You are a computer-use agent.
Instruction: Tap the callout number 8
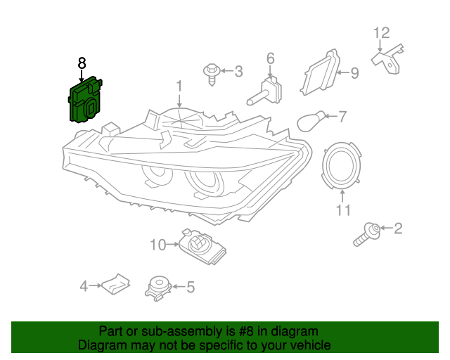coord(82,63)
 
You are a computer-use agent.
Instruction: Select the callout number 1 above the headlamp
coord(179,86)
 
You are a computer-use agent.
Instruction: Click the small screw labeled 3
coord(211,72)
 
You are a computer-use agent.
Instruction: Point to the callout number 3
coord(238,71)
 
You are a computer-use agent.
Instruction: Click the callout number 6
coord(270,58)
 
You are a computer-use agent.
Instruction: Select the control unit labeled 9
coord(321,73)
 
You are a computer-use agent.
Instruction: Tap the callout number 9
coord(354,72)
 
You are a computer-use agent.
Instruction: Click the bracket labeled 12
coord(388,56)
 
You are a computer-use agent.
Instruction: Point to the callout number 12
coord(381,32)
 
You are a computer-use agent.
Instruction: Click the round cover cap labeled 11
coord(342,166)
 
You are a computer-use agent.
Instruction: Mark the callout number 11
coord(342,210)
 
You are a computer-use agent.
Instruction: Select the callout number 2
coord(398,228)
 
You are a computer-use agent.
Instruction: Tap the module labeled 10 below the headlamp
coord(201,245)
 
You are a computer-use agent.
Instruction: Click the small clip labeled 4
coord(113,285)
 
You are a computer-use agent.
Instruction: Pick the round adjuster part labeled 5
coord(157,287)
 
